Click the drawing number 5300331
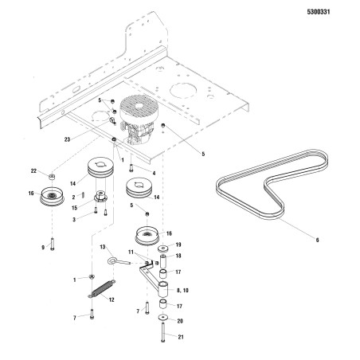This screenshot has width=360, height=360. click(319, 12)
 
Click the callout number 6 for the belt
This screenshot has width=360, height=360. click(317, 240)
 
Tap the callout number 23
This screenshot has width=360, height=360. click(67, 139)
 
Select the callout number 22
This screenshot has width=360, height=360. click(33, 171)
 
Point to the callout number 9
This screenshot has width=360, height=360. click(43, 248)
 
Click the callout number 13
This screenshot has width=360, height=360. click(103, 247)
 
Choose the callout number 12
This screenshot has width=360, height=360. click(112, 299)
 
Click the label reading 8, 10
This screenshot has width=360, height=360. click(182, 290)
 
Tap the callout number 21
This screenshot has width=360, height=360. click(181, 337)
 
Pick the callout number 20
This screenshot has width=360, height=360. click(180, 321)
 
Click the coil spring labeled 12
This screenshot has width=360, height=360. click(101, 289)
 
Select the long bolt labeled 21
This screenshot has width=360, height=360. click(162, 332)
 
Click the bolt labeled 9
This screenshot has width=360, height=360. click(53, 244)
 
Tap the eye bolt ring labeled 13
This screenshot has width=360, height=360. click(112, 261)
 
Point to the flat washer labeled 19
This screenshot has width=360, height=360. click(163, 248)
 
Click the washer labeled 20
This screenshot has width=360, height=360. click(162, 317)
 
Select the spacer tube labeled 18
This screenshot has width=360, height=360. click(162, 260)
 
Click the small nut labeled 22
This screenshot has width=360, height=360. click(52, 176)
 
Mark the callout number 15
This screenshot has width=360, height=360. click(75, 208)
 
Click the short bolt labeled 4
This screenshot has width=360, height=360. click(131, 168)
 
